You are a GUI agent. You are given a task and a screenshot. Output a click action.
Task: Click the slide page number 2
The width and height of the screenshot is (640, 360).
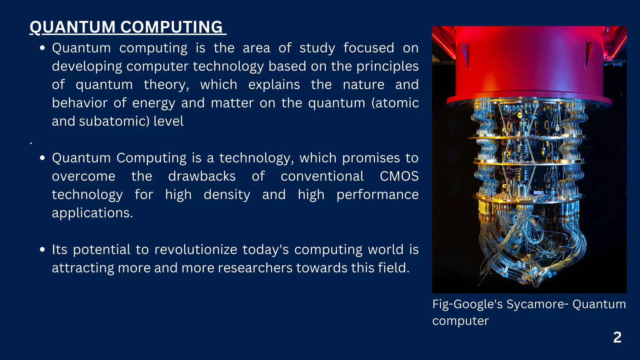coord(617,337)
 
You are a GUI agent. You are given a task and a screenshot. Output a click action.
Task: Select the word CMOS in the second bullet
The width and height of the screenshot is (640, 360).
coord(399,176)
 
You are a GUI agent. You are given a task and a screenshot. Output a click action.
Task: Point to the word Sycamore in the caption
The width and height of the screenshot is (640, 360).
coord(535,304)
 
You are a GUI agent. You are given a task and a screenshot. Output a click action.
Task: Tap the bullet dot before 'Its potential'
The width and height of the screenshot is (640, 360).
coord(42,250)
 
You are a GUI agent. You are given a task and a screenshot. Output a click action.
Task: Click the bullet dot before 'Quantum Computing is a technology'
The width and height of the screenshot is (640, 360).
coord(42,158)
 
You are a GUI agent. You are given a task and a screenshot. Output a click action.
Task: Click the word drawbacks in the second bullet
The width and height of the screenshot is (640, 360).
coord(202,176)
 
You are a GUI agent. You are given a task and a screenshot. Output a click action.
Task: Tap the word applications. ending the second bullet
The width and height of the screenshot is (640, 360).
coord(92,213)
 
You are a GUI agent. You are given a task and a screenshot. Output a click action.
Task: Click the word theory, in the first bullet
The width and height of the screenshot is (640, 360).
coord(166,85)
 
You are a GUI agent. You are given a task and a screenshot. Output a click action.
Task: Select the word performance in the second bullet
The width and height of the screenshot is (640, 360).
coord(377,195)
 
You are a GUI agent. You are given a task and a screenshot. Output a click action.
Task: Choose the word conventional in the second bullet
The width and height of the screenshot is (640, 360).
coord(322,176)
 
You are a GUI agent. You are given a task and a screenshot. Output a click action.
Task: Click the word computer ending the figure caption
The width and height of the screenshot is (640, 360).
coord(460,321)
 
